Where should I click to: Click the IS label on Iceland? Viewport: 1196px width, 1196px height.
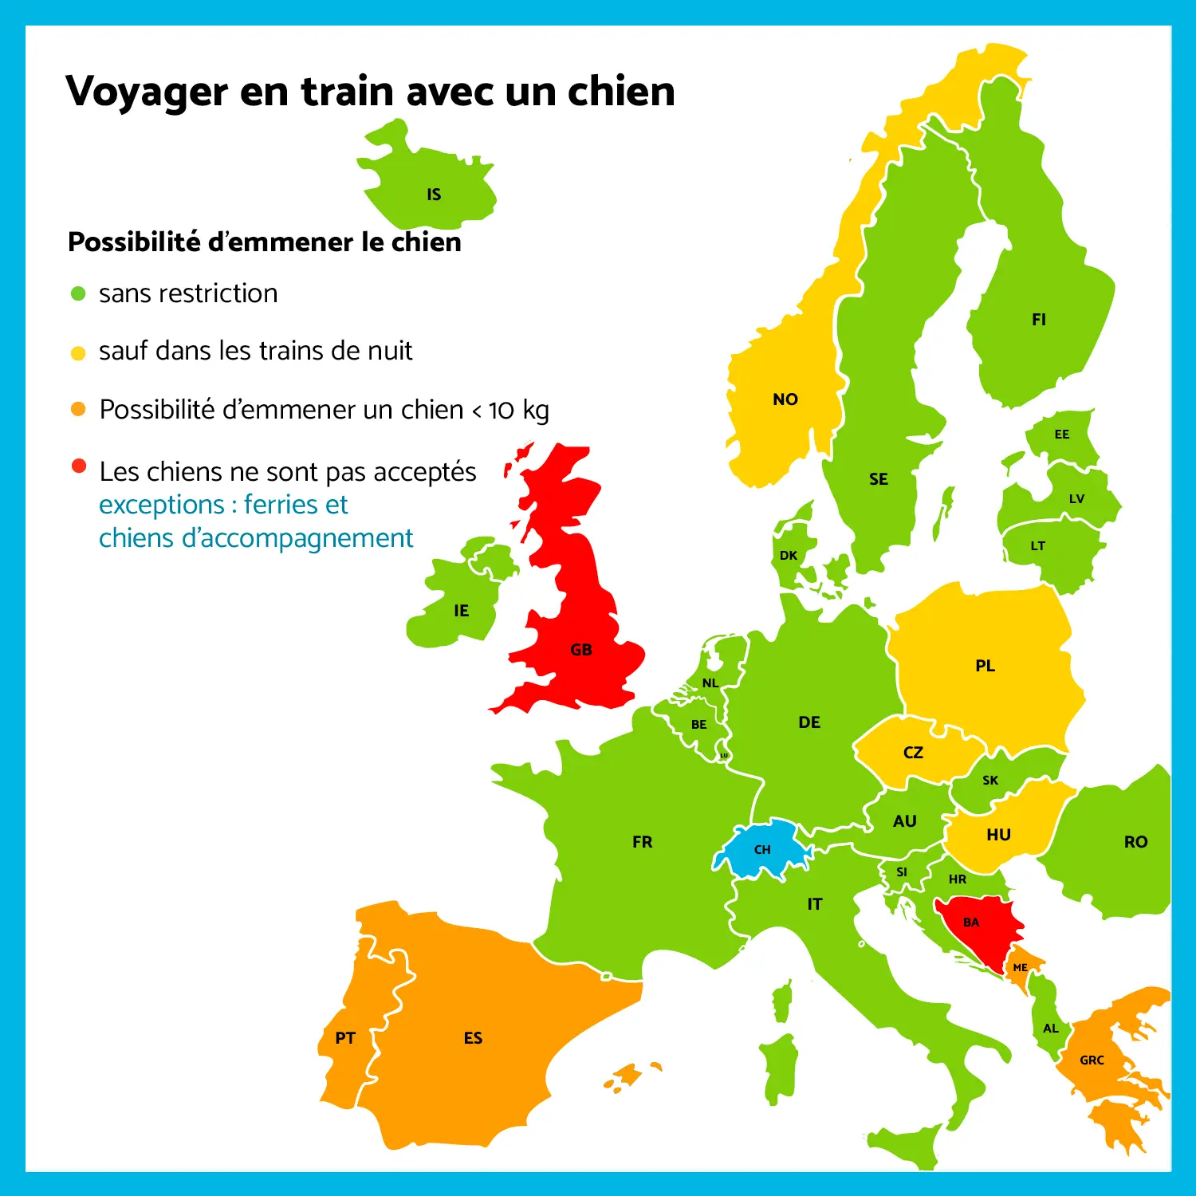(434, 195)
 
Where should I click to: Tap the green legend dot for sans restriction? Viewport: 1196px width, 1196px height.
(78, 293)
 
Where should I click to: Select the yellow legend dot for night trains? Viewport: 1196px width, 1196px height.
(78, 352)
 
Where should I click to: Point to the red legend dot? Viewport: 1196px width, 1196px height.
(78, 466)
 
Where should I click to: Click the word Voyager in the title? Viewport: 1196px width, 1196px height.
(147, 92)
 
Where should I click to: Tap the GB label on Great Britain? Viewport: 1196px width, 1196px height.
(581, 650)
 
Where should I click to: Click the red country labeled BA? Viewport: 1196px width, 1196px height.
(971, 923)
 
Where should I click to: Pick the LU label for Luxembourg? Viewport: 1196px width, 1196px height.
(724, 755)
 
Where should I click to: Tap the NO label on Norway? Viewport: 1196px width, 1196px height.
(785, 399)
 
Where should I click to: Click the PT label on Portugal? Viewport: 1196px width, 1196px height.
(345, 1038)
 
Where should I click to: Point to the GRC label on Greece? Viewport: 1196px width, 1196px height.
(1092, 1060)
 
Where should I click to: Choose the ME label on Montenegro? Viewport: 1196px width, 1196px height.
(1021, 968)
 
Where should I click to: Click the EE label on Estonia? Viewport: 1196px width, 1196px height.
(1062, 435)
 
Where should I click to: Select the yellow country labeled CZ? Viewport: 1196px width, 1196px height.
(914, 753)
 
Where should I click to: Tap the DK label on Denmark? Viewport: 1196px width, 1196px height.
(789, 556)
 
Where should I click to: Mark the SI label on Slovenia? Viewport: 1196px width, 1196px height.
(902, 872)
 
